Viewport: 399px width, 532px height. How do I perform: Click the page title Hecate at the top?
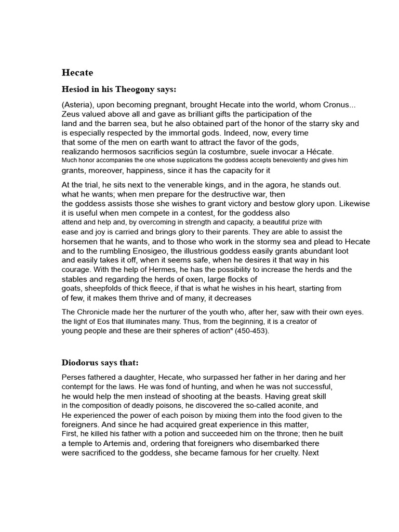click(77, 73)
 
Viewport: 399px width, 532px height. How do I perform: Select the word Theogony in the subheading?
click(134, 89)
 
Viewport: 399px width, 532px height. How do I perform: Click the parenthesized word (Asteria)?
click(78, 105)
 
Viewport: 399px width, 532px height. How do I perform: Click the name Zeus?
click(71, 114)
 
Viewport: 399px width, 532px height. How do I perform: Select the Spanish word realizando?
click(82, 152)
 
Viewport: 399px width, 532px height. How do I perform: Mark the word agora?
click(290, 185)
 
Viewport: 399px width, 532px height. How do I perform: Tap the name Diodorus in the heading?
click(83, 362)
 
